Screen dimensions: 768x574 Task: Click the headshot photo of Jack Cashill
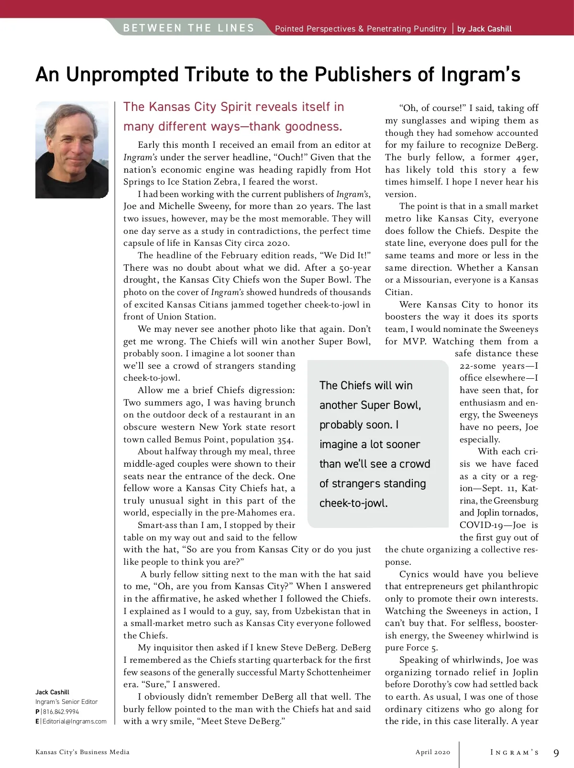[72, 150]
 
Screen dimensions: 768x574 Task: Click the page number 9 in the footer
[556, 753]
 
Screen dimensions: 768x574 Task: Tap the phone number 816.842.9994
[61, 712]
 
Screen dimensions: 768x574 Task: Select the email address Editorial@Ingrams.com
[74, 721]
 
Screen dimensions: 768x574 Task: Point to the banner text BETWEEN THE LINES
[188, 28]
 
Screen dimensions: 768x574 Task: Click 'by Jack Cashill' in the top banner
[484, 29]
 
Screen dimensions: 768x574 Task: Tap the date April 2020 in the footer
[432, 752]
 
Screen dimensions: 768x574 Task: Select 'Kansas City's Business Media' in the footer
[82, 752]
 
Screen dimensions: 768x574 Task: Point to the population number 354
[284, 439]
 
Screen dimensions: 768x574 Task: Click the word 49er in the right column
[526, 157]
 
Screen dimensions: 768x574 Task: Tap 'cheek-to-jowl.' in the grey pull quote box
[353, 503]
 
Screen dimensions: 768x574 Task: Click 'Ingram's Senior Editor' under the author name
[66, 702]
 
